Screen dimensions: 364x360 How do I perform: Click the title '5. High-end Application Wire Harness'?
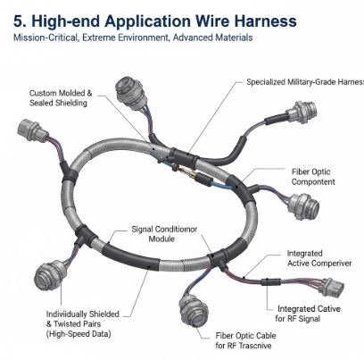[x=155, y=21]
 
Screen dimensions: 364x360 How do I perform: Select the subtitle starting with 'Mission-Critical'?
[x=133, y=38]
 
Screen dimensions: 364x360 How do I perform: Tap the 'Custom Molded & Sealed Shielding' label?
[x=61, y=98]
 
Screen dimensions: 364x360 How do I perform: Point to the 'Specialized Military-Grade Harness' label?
[x=305, y=82]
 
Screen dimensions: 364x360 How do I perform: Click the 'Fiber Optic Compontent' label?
[x=313, y=177]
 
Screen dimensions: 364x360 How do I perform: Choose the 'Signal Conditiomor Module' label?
[x=164, y=234]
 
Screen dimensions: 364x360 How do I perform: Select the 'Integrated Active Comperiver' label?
[x=319, y=258]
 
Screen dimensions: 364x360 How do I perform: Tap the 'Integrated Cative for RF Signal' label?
[x=308, y=314]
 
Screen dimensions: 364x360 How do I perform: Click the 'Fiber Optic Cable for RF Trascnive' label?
[x=245, y=340]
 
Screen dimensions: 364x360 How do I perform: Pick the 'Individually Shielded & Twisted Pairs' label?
[x=83, y=324]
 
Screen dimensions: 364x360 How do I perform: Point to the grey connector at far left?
[x=32, y=130]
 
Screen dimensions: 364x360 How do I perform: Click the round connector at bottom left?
[x=49, y=276]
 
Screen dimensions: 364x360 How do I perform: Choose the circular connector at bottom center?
[x=194, y=310]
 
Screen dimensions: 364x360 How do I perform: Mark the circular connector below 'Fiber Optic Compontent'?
[x=303, y=206]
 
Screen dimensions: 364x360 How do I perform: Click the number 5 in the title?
[x=18, y=21]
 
